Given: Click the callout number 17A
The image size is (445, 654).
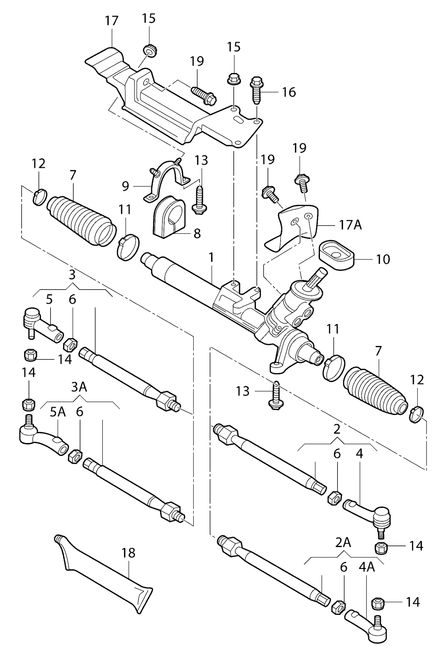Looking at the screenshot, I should [x=350, y=225].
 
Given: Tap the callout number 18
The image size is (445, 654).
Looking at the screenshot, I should [x=128, y=553].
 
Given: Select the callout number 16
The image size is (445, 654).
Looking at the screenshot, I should [x=289, y=92].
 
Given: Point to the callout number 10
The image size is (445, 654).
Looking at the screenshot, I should [x=383, y=259].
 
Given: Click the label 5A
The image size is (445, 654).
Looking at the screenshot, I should [x=58, y=412].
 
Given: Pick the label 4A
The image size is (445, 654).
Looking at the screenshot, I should [x=366, y=567].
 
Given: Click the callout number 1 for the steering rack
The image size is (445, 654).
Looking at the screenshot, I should [x=211, y=258].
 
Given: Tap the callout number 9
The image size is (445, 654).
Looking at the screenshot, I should [x=125, y=186].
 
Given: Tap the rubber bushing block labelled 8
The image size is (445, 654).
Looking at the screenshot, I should [x=168, y=219].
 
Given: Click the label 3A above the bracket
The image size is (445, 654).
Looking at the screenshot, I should [x=79, y=387].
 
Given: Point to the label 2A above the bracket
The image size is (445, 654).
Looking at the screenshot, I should [x=343, y=543].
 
